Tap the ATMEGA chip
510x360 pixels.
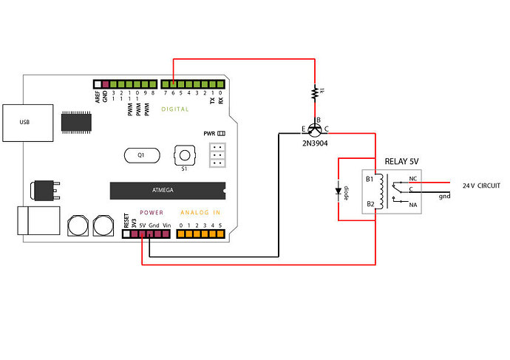[164, 190]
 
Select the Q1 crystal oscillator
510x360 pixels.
[140, 155]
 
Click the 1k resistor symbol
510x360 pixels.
[316, 92]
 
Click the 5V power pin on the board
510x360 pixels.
[142, 234]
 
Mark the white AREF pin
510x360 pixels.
[97, 84]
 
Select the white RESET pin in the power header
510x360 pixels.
[126, 234]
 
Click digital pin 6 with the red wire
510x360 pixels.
[172, 84]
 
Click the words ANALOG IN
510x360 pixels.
[201, 212]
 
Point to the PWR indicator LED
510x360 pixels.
[220, 133]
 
